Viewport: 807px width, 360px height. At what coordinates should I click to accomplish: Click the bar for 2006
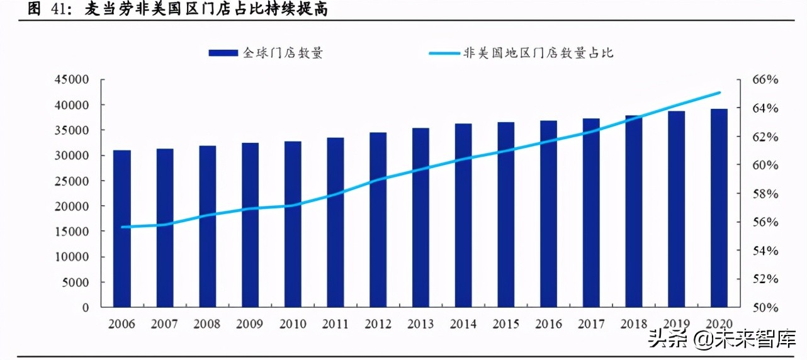coord(122,229)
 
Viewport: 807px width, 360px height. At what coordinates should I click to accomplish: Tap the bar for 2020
coord(719,208)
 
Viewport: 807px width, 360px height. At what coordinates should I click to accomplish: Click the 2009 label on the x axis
coord(250,325)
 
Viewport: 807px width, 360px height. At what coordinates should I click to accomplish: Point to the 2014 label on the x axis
coord(463,325)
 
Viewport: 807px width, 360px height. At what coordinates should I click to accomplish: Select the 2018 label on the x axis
coord(634,325)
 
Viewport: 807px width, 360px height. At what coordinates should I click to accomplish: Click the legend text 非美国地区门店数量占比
coord(538,53)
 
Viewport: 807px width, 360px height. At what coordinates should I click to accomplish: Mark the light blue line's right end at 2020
coord(720,93)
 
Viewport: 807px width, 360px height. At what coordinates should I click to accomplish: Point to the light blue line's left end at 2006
coord(122,227)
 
